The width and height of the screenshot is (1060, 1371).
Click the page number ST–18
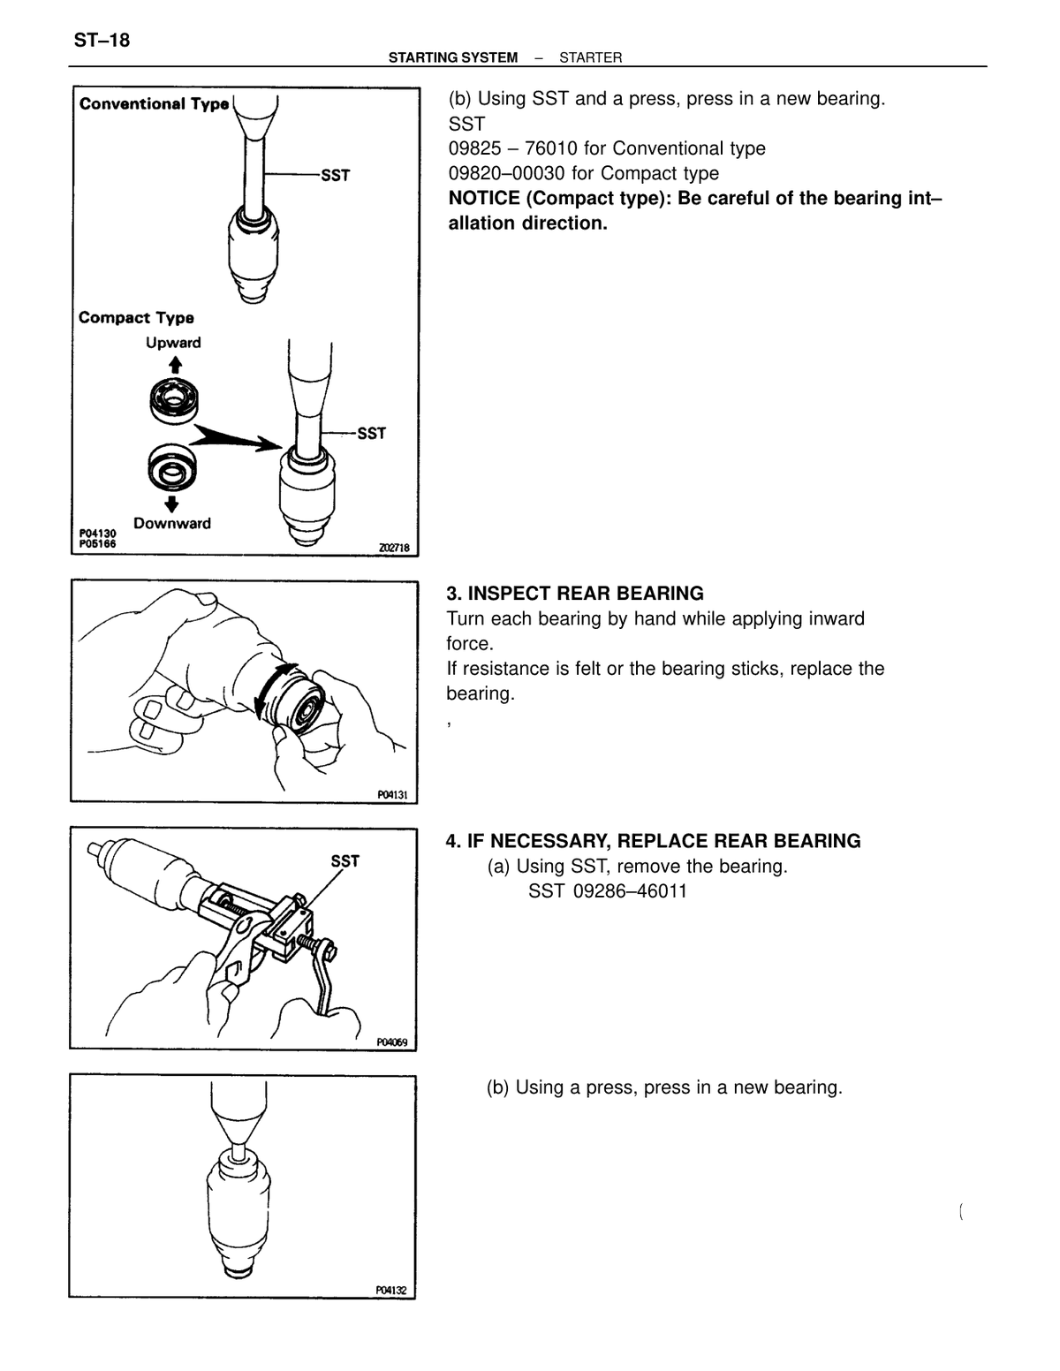tap(102, 41)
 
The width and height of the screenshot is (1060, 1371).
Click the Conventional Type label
tap(154, 103)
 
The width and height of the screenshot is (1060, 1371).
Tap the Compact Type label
tap(136, 317)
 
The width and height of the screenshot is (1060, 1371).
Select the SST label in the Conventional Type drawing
tap(335, 176)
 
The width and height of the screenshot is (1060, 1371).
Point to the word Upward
tap(173, 343)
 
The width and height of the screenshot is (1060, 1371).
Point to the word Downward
tap(172, 523)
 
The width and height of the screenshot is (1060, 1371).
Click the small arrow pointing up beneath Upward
tap(175, 365)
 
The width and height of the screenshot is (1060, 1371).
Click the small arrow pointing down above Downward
tap(170, 504)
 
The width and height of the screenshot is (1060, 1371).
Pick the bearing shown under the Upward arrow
tap(173, 401)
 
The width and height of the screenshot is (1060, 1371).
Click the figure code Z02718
tap(394, 549)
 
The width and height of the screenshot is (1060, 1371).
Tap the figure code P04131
tap(393, 795)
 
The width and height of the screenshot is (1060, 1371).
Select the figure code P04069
tap(392, 1042)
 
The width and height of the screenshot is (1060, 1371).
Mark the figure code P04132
tap(391, 1291)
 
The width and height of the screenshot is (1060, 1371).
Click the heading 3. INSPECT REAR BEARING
tap(575, 593)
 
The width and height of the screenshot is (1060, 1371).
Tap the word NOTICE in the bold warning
tap(484, 198)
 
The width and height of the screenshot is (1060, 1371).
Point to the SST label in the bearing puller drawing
tap(344, 861)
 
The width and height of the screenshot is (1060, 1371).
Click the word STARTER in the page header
tap(590, 57)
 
